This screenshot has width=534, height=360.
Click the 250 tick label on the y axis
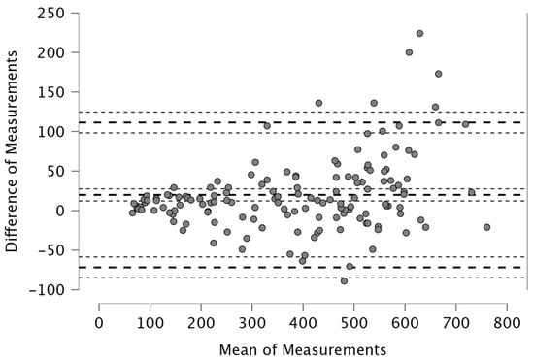click(x=50, y=14)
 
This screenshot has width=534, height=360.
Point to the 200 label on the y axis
click(x=50, y=52)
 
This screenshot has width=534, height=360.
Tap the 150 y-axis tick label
click(x=50, y=92)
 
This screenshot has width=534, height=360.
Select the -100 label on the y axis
click(x=47, y=290)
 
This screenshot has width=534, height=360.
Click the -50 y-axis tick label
click(x=50, y=250)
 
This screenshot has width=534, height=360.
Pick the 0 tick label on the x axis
click(x=99, y=322)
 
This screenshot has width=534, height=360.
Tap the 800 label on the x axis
click(x=507, y=322)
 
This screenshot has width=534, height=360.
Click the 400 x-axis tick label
click(x=303, y=322)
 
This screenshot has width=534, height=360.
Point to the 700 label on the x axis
click(x=456, y=322)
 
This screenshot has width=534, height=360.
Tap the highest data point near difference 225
click(x=419, y=33)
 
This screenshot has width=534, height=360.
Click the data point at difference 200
click(x=409, y=52)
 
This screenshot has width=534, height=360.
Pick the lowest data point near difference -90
click(x=344, y=281)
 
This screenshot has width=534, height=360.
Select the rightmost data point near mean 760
click(x=487, y=227)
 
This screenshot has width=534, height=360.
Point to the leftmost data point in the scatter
click(x=132, y=213)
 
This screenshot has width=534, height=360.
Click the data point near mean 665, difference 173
click(x=438, y=74)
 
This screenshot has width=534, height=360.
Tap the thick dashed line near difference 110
click(x=300, y=122)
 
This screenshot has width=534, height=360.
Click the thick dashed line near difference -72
click(x=300, y=268)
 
